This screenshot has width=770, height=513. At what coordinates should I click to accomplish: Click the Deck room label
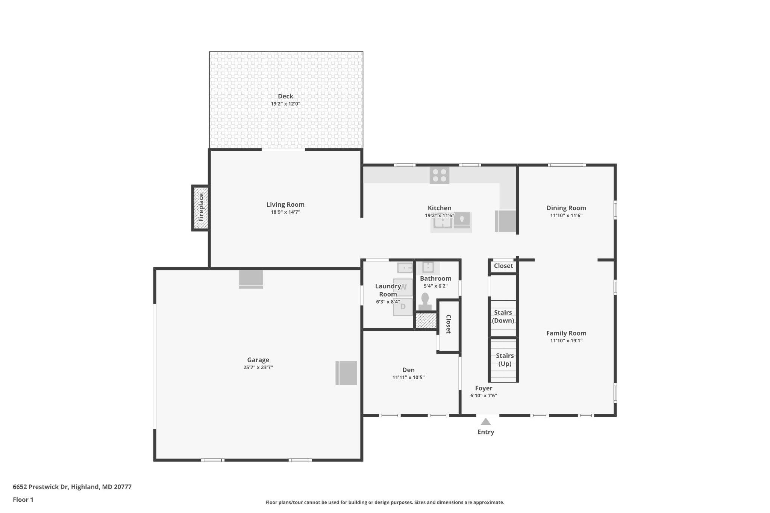(x=285, y=96)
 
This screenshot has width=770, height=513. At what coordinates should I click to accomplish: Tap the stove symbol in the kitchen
(x=439, y=175)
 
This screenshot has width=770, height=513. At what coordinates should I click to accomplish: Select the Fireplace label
(x=201, y=207)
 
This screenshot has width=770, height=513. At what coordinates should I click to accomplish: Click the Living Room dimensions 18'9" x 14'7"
(x=285, y=212)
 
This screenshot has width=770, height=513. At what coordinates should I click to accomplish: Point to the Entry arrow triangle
(x=486, y=422)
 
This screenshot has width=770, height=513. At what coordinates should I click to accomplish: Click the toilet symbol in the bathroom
(x=425, y=302)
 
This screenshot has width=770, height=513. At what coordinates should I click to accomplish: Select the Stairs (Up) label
(x=505, y=360)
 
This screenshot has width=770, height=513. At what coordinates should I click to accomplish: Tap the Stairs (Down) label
(x=503, y=316)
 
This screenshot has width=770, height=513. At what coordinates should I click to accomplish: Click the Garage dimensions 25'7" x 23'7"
(x=258, y=368)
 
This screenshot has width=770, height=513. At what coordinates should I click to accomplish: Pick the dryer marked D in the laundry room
(x=403, y=307)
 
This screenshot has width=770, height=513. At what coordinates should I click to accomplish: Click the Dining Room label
(x=566, y=208)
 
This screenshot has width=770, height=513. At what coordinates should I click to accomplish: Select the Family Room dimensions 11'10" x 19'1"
(x=566, y=341)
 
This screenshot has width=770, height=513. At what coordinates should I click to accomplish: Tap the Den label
(x=408, y=370)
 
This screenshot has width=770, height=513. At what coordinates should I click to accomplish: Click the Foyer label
(x=484, y=388)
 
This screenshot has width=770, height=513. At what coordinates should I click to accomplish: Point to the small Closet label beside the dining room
(x=503, y=266)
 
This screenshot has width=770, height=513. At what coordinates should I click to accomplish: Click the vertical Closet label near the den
(x=449, y=324)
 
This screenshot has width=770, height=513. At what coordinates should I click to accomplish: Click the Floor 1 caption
(x=23, y=500)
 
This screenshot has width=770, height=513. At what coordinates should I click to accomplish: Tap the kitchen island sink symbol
(x=443, y=222)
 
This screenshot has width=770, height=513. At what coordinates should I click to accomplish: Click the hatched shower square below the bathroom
(x=426, y=321)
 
